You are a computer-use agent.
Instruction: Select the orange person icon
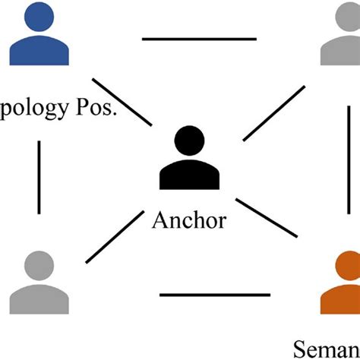tap(340, 289)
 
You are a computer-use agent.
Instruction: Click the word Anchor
tap(189, 222)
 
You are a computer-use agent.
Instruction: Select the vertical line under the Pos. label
tap(38, 175)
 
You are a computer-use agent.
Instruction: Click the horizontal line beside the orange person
tap(215, 295)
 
